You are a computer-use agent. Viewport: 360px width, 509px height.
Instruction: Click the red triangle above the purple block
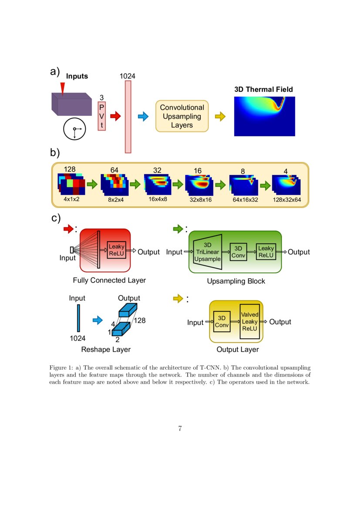pos(62,88)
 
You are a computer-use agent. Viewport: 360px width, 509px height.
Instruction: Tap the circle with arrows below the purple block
pos(74,129)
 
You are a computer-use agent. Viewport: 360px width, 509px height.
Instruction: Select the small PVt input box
pos(102,116)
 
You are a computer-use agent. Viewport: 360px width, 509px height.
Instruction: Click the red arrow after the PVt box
pos(115,116)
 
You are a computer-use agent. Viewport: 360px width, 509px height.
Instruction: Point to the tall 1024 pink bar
pos(128,116)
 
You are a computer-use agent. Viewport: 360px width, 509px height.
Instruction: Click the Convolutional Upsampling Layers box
pos(182,116)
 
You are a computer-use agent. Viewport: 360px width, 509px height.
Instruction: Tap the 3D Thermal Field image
pos(264,116)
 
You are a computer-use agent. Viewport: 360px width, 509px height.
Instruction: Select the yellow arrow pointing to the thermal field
pos(221,116)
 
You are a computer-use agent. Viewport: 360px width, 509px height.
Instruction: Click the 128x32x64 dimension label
pos(286,199)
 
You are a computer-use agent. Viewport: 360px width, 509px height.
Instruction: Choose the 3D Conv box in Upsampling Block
pos(238,252)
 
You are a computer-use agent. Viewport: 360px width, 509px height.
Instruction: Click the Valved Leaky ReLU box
pos(250,322)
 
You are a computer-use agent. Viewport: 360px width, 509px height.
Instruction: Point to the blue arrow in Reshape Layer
pos(98,320)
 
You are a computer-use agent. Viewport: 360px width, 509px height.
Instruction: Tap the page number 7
pos(180,428)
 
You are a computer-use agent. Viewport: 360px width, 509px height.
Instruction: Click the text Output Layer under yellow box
pos(238,350)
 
